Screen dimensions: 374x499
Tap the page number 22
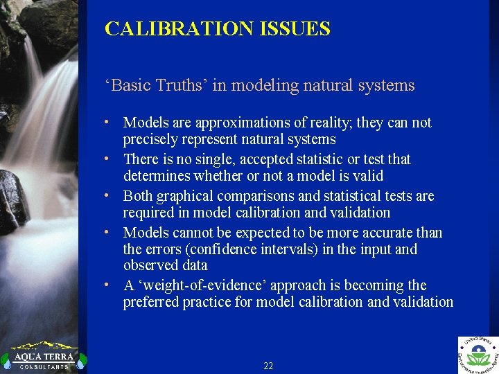(x=268, y=366)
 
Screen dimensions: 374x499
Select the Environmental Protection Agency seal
(x=478, y=355)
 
